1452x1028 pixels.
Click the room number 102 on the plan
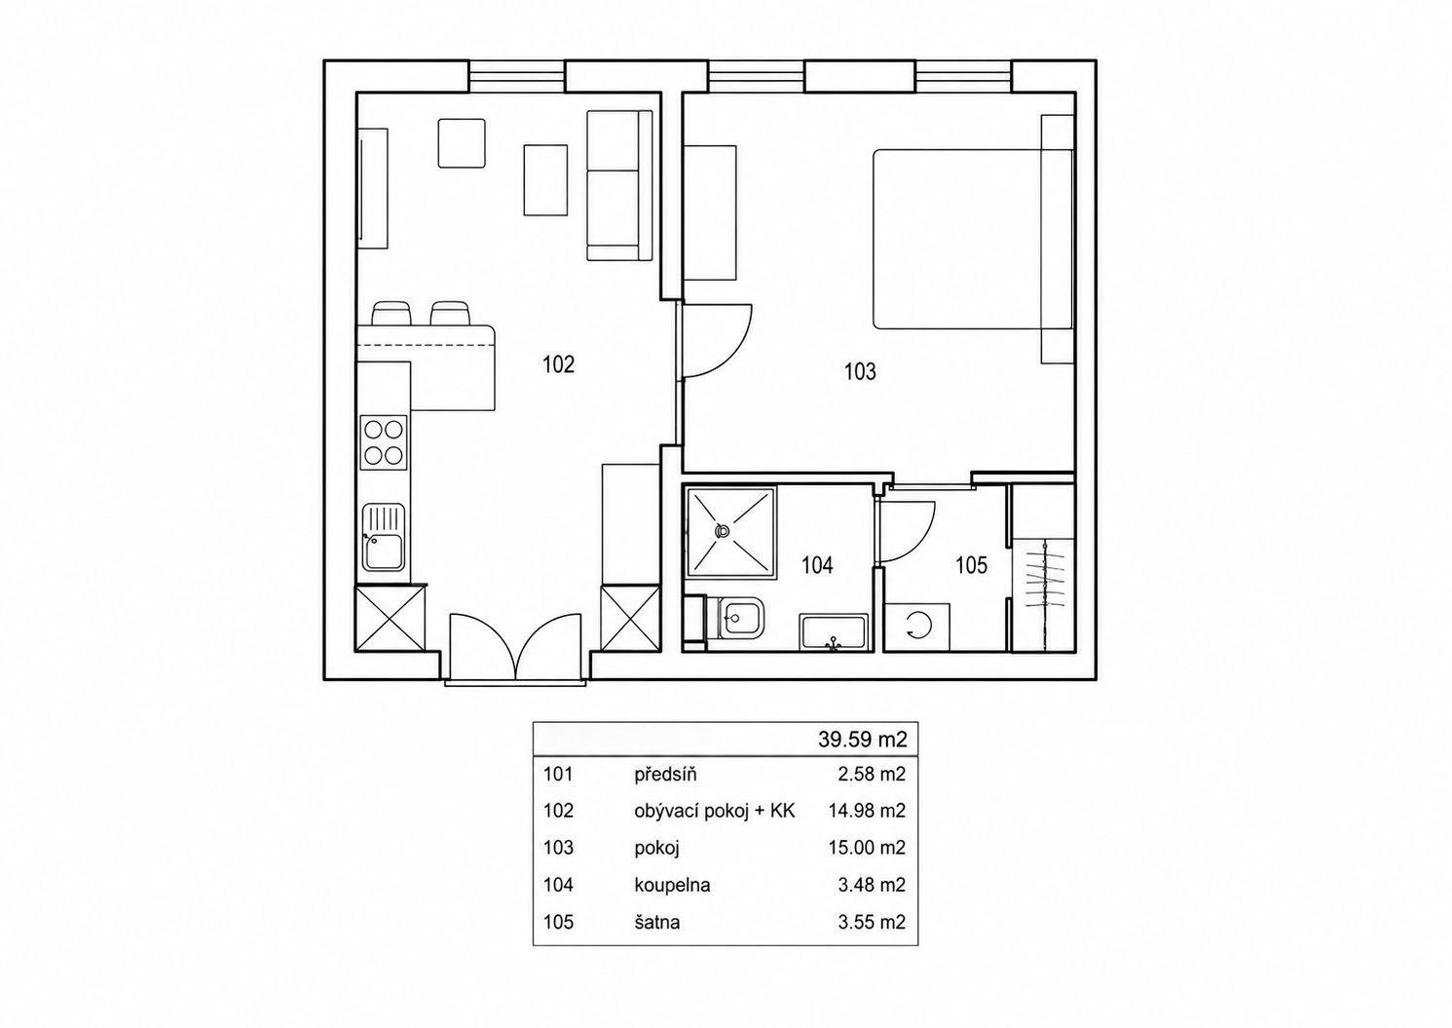tap(559, 364)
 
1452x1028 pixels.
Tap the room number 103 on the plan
tap(860, 371)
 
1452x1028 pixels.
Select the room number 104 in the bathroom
tap(817, 565)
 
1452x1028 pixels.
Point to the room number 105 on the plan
tap(971, 565)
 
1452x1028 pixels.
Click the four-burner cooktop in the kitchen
tap(384, 442)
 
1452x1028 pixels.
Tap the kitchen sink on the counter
tap(383, 538)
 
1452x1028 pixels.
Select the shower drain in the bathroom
tap(721, 531)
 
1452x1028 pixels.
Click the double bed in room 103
tap(972, 240)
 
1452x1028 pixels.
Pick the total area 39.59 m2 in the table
tap(862, 740)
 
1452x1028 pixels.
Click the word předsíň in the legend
tap(665, 775)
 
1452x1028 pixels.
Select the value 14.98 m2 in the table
tap(867, 811)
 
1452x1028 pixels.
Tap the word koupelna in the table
tap(672, 885)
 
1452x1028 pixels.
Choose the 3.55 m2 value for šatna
tap(872, 922)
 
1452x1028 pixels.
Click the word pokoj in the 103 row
tap(656, 849)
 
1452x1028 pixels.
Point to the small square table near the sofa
tap(462, 143)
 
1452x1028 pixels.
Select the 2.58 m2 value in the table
tap(872, 775)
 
